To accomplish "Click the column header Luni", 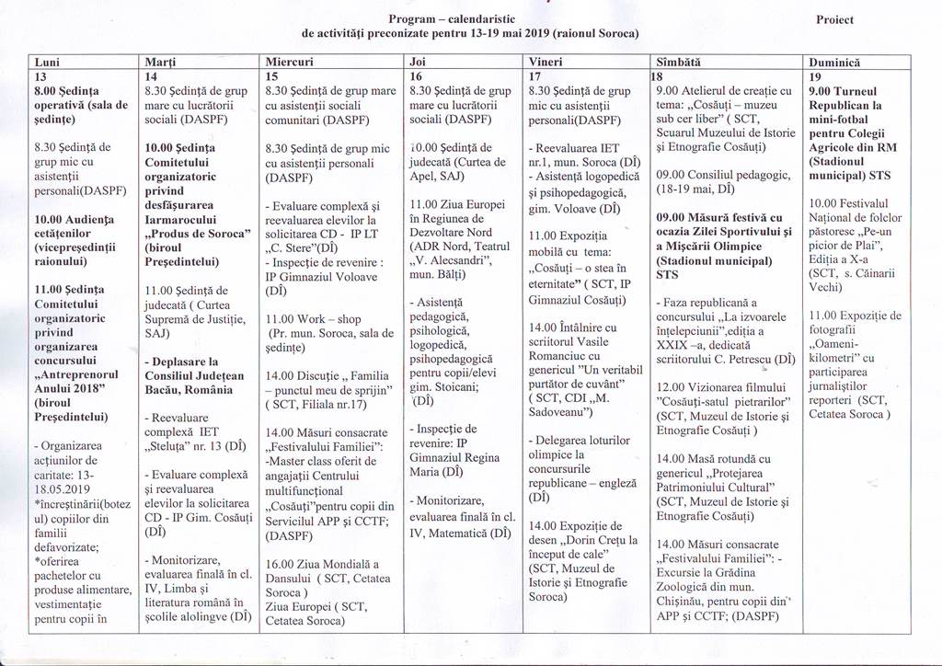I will coord(47,62).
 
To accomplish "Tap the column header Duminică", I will coord(834,62).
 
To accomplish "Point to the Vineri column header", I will coord(546,62).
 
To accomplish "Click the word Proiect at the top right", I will coord(834,19).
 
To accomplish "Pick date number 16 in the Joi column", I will coord(416,76).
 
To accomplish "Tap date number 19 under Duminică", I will coord(815,76).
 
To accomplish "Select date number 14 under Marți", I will coord(152,76).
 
